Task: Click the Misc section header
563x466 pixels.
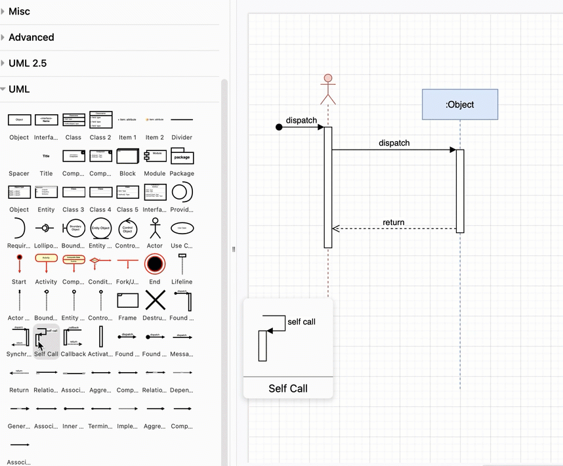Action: click(20, 11)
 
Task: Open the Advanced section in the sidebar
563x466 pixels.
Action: click(31, 37)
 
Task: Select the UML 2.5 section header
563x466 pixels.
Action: click(28, 63)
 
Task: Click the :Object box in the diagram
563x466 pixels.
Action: click(460, 104)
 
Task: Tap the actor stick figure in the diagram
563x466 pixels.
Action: click(327, 89)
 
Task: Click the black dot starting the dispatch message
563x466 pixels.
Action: click(279, 127)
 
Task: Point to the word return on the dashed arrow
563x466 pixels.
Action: click(394, 222)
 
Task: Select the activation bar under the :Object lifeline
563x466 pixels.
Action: click(460, 190)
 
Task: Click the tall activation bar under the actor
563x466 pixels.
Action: click(328, 187)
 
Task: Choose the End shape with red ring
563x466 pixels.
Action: click(155, 265)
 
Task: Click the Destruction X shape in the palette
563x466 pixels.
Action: click(155, 301)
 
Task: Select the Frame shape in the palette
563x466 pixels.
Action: click(128, 301)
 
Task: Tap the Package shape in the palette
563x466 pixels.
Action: click(182, 156)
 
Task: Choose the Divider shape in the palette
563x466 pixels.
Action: click(182, 120)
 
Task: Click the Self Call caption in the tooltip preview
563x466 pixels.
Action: click(288, 389)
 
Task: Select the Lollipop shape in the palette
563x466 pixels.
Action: click(46, 228)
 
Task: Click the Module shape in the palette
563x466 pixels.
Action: click(155, 156)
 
